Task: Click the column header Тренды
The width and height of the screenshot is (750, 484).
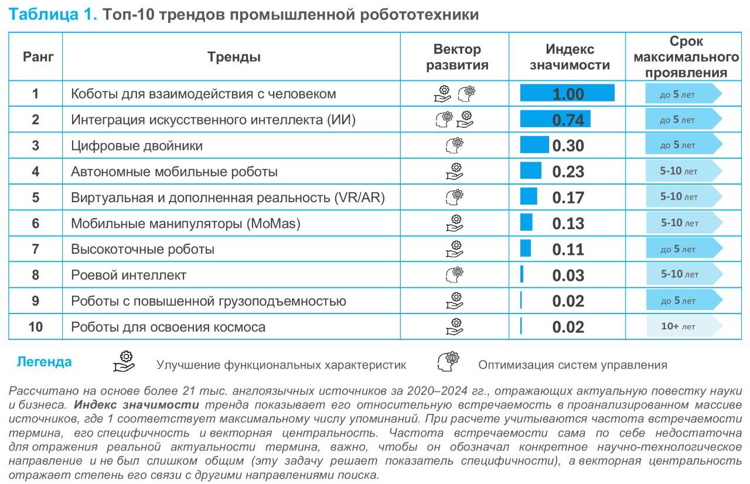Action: pos(234,57)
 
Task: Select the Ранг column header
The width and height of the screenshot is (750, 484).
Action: pos(38,57)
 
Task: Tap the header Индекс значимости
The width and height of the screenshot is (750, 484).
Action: pos(570,57)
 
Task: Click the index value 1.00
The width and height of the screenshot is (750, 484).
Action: pos(568,94)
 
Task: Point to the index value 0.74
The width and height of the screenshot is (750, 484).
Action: pos(568,120)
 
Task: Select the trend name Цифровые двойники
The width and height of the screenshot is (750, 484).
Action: pos(137,146)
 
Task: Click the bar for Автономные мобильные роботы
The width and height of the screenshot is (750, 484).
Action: pos(531,171)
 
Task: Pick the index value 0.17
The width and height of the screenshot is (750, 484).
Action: pos(568,197)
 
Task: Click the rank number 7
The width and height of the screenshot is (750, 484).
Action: pos(36,249)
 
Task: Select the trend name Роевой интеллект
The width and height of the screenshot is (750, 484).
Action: pos(128,275)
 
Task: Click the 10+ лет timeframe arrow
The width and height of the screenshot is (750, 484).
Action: pos(683,326)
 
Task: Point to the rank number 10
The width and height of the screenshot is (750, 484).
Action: pos(36,327)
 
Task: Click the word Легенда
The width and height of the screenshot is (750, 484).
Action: pos(45,362)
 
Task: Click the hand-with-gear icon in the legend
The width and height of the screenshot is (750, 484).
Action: pos(124,362)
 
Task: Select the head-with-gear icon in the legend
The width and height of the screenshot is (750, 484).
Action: pos(448,362)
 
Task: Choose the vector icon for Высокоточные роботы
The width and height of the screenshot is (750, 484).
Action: pos(454,249)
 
